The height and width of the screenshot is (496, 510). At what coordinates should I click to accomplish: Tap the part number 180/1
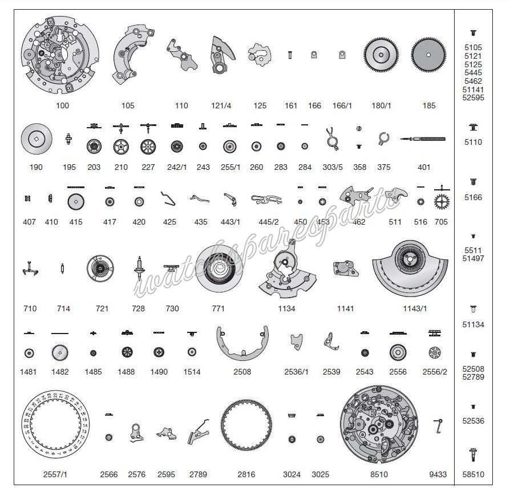(382, 105)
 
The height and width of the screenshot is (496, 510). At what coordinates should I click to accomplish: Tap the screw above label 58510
(473, 454)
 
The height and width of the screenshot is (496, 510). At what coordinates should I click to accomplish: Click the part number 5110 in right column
(473, 142)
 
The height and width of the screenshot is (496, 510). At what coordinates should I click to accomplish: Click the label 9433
(438, 474)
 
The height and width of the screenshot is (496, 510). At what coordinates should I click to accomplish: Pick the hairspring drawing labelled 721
(101, 269)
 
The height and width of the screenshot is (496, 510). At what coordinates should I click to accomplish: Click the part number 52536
(473, 421)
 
